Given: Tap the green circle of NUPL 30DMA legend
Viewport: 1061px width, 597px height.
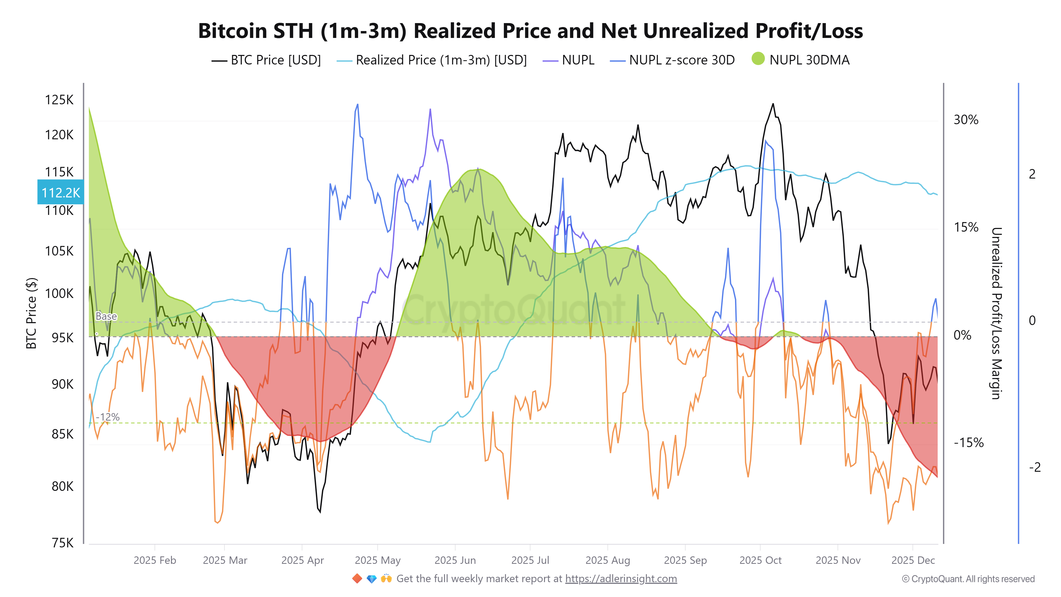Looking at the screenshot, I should pyautogui.click(x=758, y=59).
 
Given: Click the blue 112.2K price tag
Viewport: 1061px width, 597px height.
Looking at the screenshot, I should pyautogui.click(x=60, y=192).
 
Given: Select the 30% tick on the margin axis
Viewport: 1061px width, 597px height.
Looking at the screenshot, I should pyautogui.click(x=966, y=120).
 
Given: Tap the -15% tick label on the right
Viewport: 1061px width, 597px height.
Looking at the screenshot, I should pyautogui.click(x=968, y=443).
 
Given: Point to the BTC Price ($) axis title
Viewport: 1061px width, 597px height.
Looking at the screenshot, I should pyautogui.click(x=31, y=313).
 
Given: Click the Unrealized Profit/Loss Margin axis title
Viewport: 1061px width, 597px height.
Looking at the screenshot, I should pyautogui.click(x=996, y=313).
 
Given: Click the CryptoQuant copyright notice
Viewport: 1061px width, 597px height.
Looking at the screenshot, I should pyautogui.click(x=968, y=579).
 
